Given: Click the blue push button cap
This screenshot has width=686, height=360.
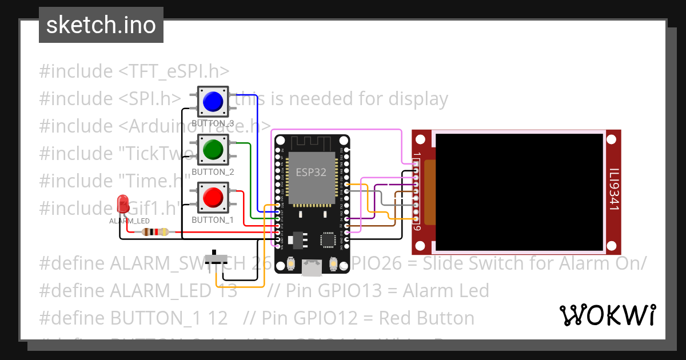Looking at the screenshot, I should (x=213, y=102).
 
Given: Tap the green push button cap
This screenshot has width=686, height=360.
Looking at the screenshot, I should (x=213, y=150).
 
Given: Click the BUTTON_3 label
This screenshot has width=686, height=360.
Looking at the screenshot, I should (x=213, y=123).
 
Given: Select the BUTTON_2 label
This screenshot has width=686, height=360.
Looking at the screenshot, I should (x=213, y=171).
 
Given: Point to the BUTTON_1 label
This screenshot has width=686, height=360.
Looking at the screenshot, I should (x=213, y=219).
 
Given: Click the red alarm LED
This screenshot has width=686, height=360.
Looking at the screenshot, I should (x=122, y=203).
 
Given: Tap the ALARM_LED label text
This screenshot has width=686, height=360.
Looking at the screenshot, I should (x=129, y=221).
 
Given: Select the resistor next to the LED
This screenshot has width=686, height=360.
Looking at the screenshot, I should (x=155, y=232).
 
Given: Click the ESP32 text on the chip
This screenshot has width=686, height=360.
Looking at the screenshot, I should (x=312, y=171).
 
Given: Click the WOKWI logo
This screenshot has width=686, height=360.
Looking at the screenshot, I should (x=607, y=315).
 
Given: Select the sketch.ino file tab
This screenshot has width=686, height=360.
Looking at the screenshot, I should (x=101, y=25).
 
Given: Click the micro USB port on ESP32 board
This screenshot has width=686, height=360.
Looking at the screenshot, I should (x=312, y=265).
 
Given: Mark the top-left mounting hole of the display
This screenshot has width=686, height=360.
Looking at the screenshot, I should (x=421, y=139).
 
